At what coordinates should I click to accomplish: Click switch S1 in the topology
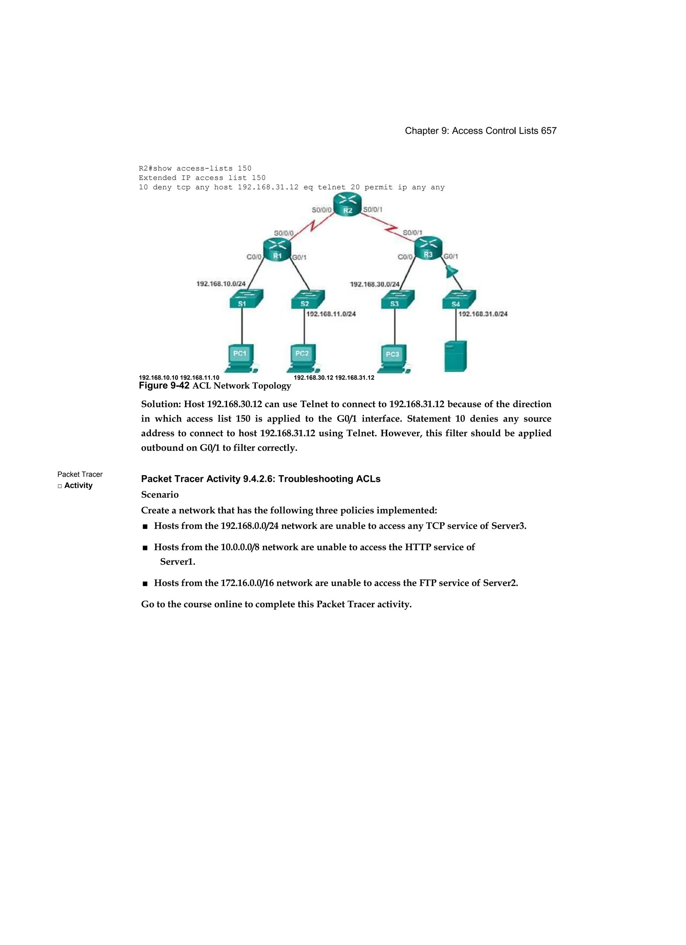pos(246,299)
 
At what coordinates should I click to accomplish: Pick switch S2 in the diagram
pos(307,299)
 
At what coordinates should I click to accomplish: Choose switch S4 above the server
pos(458,299)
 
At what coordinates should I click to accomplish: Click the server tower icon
pos(456,356)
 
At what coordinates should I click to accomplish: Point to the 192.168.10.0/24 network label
pos(221,284)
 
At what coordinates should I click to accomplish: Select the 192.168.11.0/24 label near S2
pos(331,314)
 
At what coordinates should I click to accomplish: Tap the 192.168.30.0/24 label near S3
pos(374,284)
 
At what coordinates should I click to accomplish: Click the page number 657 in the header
pos(549,131)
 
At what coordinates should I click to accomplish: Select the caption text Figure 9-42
pos(164,385)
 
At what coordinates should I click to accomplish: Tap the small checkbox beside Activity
pos(60,486)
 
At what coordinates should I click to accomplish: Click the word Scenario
pos(160,495)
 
